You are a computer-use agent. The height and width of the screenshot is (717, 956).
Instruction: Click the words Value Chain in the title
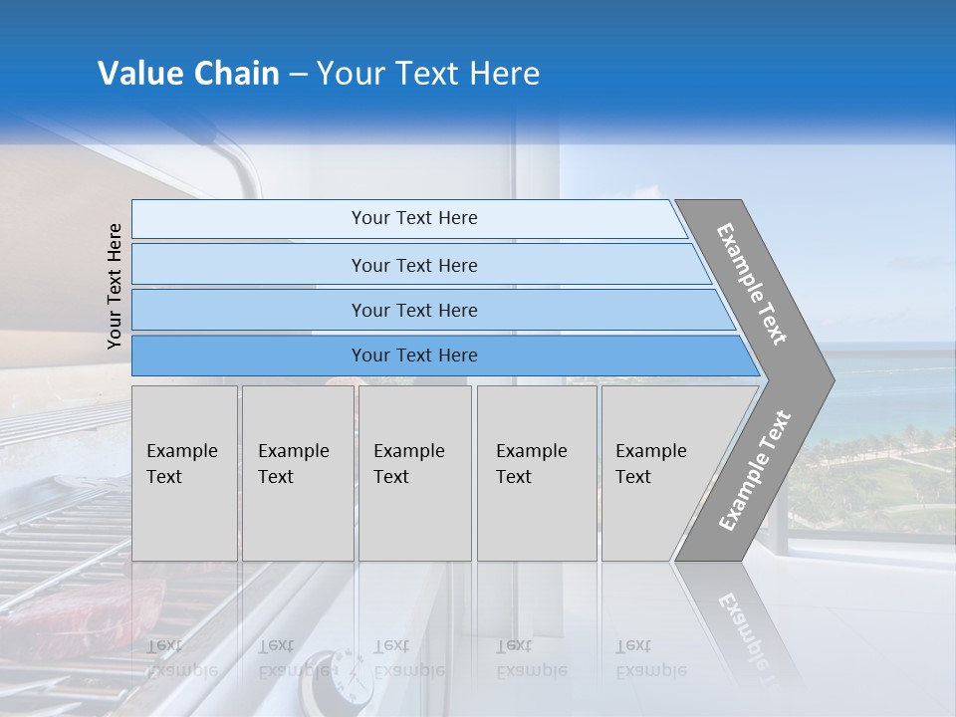coord(188,74)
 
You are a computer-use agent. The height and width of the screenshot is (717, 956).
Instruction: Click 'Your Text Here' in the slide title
coord(428,74)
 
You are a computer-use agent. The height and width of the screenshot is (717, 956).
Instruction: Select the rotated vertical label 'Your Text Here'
coord(115,286)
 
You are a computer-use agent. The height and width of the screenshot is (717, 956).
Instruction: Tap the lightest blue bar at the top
coord(414,218)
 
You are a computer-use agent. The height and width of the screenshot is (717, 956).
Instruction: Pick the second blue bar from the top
coord(414,265)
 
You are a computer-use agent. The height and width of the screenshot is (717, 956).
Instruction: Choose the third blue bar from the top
coord(414,310)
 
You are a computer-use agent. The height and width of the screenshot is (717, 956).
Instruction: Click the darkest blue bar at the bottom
coord(414,356)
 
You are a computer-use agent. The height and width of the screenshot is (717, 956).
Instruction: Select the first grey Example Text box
coord(184,473)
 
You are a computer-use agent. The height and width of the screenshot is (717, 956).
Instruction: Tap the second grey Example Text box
coord(297,473)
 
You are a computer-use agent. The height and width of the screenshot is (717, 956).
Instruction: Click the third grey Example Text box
coord(414,473)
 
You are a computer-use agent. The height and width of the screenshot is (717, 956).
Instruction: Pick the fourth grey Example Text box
coord(536,473)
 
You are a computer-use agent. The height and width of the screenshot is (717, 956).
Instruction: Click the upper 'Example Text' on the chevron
coord(753,284)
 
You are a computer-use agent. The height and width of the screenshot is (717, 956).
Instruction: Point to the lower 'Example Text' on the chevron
coord(755,470)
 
